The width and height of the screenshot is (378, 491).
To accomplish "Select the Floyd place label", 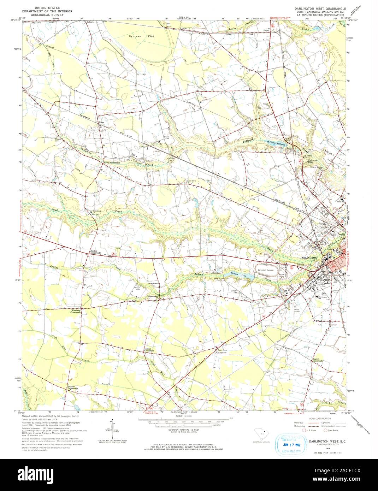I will point(267,31).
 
